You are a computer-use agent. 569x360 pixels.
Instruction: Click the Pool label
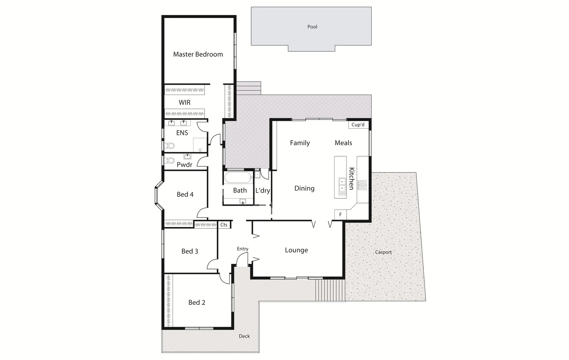pos(312,27)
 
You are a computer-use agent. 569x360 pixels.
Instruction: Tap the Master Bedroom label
pos(198,54)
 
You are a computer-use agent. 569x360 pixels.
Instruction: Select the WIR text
pos(184,103)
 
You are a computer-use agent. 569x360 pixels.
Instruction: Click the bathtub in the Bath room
pos(238,178)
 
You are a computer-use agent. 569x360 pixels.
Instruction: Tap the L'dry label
pos(262,191)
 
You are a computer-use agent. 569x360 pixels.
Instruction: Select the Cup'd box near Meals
pos(358,125)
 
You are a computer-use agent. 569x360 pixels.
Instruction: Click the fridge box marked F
pos(340,215)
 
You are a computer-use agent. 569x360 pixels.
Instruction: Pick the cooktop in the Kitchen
pos(362,185)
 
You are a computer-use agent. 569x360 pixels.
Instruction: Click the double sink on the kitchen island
pos(342,186)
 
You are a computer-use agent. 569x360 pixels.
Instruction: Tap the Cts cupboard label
pos(224,225)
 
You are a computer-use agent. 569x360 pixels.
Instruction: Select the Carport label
pos(383,252)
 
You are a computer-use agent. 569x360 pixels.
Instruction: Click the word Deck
pos(244,336)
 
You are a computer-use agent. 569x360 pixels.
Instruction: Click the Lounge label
pos(296,250)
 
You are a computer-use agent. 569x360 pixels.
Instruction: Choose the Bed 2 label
pos(196,302)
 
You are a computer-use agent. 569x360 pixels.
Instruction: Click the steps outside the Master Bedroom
pos(248,88)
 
